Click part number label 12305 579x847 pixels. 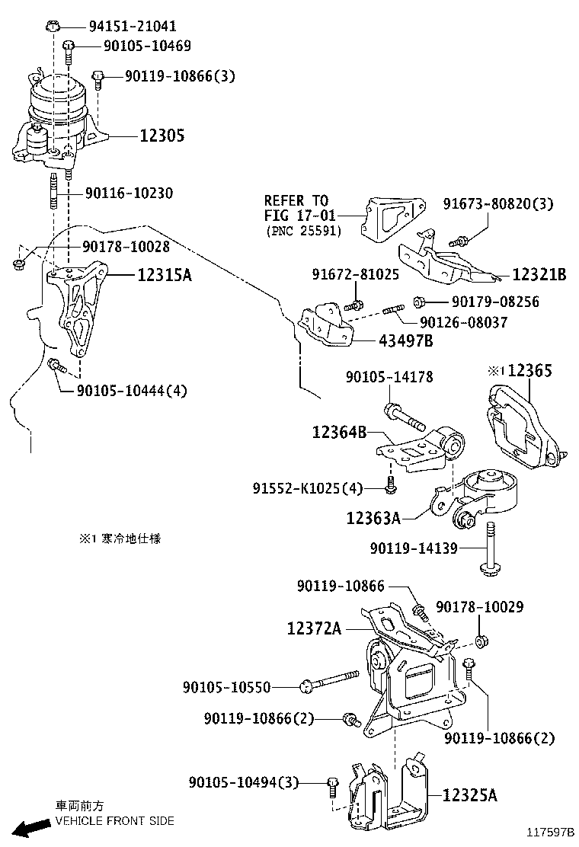pyautogui.click(x=162, y=136)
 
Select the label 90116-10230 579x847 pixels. pyautogui.click(x=128, y=193)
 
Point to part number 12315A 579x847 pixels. pyautogui.click(x=165, y=275)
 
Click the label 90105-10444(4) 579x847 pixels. pyautogui.click(x=132, y=391)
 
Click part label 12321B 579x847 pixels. pyautogui.click(x=539, y=275)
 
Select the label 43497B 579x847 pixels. pyautogui.click(x=405, y=340)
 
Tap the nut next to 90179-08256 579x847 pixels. pyautogui.click(x=419, y=302)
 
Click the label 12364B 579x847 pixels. pyautogui.click(x=339, y=433)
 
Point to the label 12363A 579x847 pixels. pyautogui.click(x=373, y=518)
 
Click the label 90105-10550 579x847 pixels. pyautogui.click(x=226, y=687)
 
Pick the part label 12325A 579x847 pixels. pyautogui.click(x=469, y=796)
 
